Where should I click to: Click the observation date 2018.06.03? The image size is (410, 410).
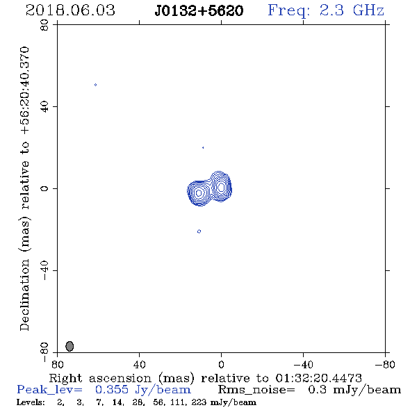[70, 10]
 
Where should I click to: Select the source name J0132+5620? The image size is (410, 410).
[199, 10]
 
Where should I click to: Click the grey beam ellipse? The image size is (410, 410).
[69, 346]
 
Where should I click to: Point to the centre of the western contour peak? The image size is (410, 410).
[221, 187]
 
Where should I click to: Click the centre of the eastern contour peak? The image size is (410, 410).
[199, 193]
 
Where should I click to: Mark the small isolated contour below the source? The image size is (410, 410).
[199, 231]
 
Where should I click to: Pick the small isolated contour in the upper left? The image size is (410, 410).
[95, 85]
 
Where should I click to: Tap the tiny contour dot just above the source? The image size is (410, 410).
[203, 148]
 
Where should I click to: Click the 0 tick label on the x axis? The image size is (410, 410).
[221, 365]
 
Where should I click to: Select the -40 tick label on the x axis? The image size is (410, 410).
[303, 365]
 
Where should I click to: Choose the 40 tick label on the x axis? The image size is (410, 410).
[139, 365]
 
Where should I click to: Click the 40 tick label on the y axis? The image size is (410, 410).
[44, 107]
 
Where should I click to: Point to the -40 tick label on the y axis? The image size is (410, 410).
[44, 270]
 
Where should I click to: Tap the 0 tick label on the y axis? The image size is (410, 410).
[44, 188]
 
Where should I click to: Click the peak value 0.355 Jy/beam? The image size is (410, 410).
[142, 390]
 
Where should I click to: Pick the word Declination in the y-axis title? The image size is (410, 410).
[24, 295]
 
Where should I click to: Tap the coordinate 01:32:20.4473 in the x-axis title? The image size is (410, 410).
[318, 378]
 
